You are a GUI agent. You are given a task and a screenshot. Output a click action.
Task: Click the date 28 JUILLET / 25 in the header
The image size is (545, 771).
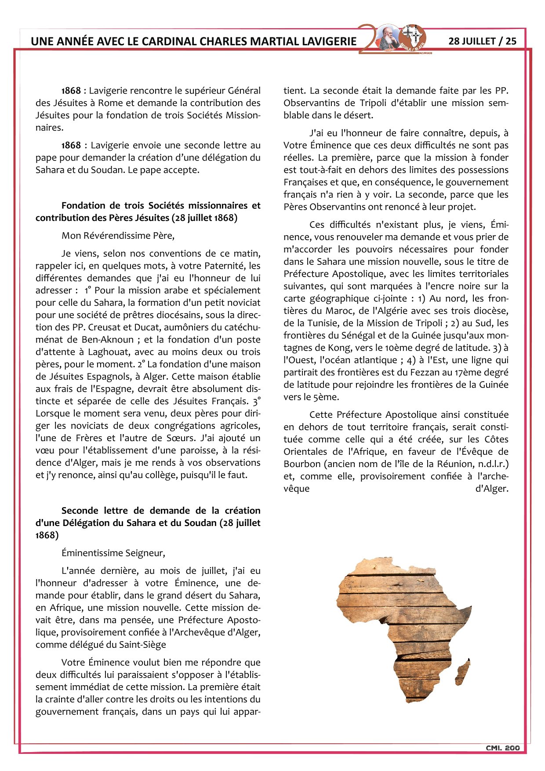[482, 41]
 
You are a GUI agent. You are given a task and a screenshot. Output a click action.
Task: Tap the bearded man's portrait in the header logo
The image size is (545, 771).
[389, 38]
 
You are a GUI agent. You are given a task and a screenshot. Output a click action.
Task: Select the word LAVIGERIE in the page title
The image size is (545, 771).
[329, 41]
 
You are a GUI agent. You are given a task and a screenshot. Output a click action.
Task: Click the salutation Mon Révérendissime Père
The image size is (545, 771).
[118, 235]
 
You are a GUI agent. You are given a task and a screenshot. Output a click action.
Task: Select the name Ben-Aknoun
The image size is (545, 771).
[108, 340]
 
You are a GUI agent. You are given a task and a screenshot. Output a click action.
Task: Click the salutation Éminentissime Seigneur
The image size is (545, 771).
[113, 553]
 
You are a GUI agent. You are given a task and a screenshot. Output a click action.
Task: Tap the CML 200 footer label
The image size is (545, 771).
[502, 748]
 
